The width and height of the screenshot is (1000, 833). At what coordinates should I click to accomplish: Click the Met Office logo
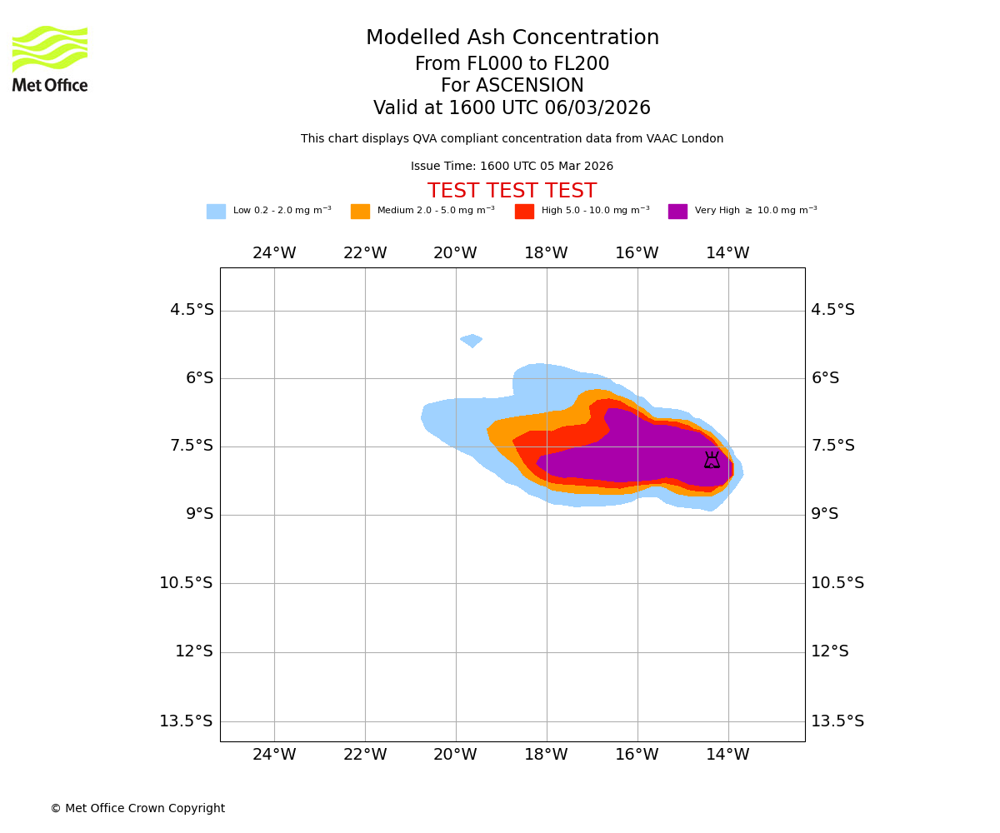50,58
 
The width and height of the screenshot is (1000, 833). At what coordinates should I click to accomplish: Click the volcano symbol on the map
712,460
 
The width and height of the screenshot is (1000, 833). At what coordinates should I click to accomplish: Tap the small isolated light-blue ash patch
471,340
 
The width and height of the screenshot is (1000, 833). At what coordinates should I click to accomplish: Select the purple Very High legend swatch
677,212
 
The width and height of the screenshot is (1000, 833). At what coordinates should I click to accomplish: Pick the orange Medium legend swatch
360,212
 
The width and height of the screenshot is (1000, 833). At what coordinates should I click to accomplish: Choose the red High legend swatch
524,212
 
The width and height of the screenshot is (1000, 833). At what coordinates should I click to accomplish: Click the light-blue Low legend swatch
216,212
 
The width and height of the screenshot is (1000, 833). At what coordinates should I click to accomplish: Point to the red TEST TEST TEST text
512,192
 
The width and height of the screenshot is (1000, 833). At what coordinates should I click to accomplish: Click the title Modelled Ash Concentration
512,38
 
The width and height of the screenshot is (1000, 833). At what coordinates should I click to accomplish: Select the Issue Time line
512,167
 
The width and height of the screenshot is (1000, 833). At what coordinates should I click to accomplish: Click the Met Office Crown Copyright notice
137,809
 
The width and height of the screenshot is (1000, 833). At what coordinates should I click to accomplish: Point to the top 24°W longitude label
274,253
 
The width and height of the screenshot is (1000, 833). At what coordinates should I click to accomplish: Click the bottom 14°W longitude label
727,755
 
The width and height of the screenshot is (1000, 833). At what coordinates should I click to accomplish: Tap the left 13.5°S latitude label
186,721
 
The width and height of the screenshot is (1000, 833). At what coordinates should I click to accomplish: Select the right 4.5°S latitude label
832,310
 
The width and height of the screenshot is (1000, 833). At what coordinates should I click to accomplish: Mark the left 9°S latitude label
199,514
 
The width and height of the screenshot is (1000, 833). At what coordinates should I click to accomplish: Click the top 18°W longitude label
546,253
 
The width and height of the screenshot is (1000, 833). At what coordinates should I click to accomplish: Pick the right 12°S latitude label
829,651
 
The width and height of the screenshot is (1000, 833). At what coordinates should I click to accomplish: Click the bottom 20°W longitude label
455,755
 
